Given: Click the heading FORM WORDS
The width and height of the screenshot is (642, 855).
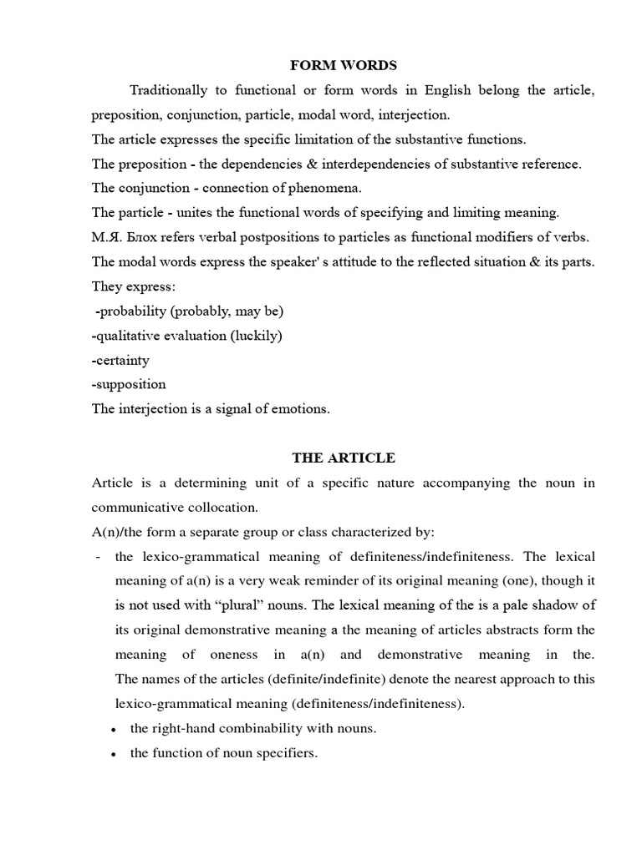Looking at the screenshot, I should point(344,65).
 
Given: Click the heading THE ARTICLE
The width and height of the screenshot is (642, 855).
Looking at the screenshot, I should point(344,458).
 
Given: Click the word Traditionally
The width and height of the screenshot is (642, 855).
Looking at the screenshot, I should point(170,90).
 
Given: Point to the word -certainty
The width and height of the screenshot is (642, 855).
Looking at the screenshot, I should point(121,360).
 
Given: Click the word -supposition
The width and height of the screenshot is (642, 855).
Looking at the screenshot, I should point(129,384).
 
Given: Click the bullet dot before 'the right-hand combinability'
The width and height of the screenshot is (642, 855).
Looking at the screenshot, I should point(113,729).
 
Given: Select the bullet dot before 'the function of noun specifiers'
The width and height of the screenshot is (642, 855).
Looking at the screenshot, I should point(113,754).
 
